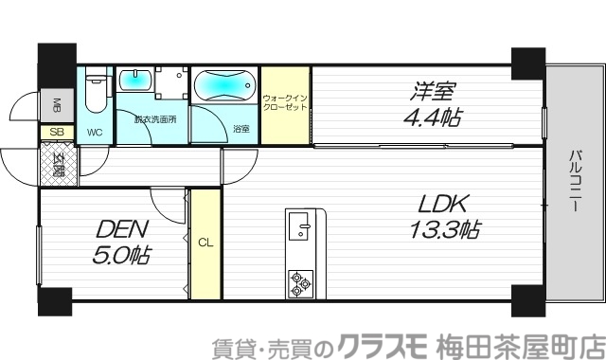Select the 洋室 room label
pyautogui.click(x=434, y=93)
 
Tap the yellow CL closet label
pyautogui.click(x=205, y=243)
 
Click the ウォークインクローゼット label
pyautogui.click(x=286, y=104)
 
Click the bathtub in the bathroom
pyautogui.click(x=223, y=86)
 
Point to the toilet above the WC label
pyautogui.click(x=95, y=93)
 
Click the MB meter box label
pyautogui.click(x=56, y=103)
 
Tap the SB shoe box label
pyautogui.click(x=56, y=132)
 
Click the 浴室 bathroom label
pyautogui.click(x=241, y=128)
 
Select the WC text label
pyautogui.click(x=96, y=132)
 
